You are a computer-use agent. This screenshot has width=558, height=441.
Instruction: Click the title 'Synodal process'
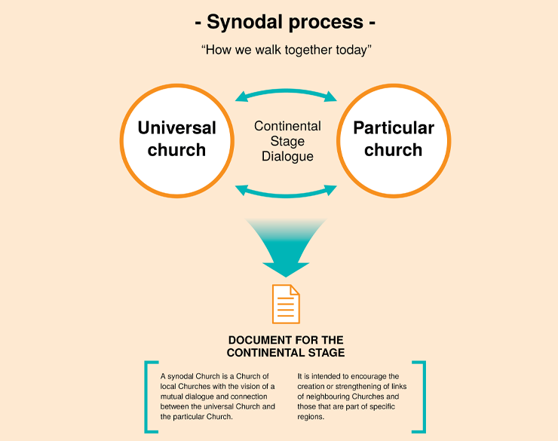tap(285, 22)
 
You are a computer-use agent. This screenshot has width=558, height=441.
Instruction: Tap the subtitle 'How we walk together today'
tap(285, 51)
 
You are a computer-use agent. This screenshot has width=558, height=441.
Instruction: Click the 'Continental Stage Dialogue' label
tap(287, 141)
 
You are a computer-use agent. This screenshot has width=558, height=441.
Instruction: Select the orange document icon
tap(286, 304)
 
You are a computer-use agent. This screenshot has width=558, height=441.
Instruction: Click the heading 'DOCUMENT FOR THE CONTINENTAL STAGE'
tap(286, 346)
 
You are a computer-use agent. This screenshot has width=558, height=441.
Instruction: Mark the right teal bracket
tap(421, 397)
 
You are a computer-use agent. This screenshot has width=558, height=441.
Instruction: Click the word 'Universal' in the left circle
tap(176, 128)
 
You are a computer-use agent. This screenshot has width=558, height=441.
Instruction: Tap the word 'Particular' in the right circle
tap(394, 128)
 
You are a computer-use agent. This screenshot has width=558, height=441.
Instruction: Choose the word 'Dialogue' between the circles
tap(287, 157)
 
